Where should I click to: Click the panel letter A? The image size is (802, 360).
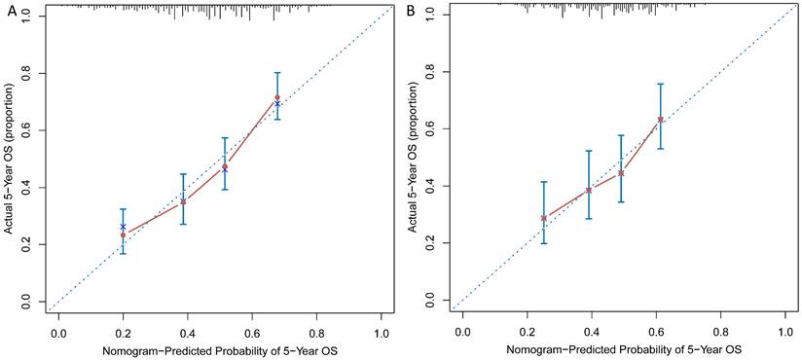click(9, 12)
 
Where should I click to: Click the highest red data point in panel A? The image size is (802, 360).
click(277, 97)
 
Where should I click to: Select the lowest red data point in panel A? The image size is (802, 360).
click(123, 234)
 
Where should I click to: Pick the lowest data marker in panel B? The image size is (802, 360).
click(544, 218)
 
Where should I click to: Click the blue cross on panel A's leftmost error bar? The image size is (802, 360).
click(123, 226)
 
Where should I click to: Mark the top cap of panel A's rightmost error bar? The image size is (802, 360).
click(277, 73)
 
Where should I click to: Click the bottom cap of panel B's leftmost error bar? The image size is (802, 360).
click(544, 243)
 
